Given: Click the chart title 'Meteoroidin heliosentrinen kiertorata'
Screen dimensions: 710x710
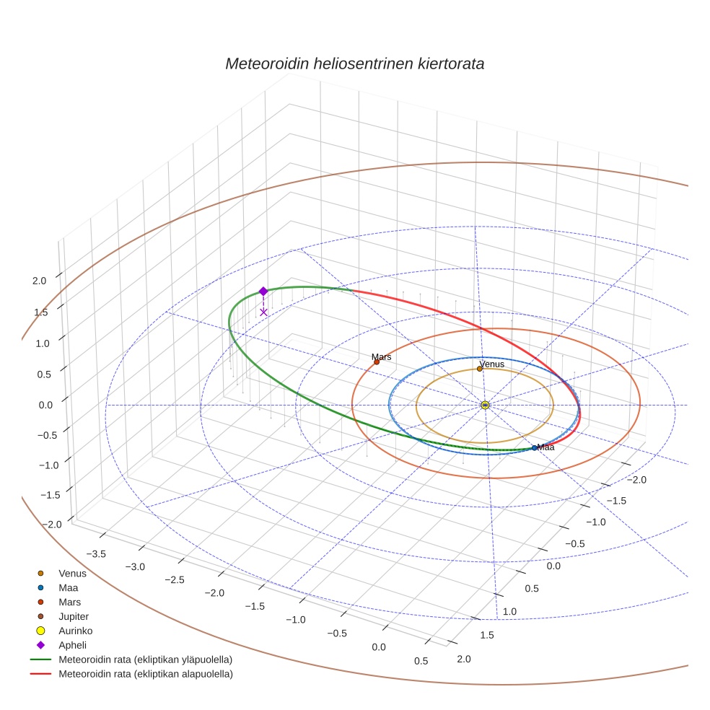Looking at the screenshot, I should pyautogui.click(x=354, y=63).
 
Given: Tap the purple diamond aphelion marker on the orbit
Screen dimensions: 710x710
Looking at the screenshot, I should pyautogui.click(x=263, y=292).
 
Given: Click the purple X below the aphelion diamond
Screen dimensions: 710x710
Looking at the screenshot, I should pyautogui.click(x=263, y=312).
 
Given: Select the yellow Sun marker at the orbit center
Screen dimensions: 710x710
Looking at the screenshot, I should pyautogui.click(x=485, y=406).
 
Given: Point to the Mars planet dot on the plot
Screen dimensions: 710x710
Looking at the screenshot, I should pyautogui.click(x=377, y=362).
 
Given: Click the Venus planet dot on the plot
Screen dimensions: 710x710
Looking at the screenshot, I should pyautogui.click(x=480, y=369).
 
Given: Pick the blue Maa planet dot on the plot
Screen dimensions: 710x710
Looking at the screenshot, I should pyautogui.click(x=534, y=448).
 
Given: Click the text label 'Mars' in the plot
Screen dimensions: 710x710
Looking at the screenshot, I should pyautogui.click(x=381, y=356).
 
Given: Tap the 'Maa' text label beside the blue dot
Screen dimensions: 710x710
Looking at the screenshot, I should pyautogui.click(x=545, y=447).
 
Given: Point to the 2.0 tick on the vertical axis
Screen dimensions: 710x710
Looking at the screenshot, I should pyautogui.click(x=40, y=281).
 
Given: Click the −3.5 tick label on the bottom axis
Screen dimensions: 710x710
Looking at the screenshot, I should pyautogui.click(x=96, y=553).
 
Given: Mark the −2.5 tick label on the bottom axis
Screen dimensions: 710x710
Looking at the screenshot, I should pyautogui.click(x=175, y=580).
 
